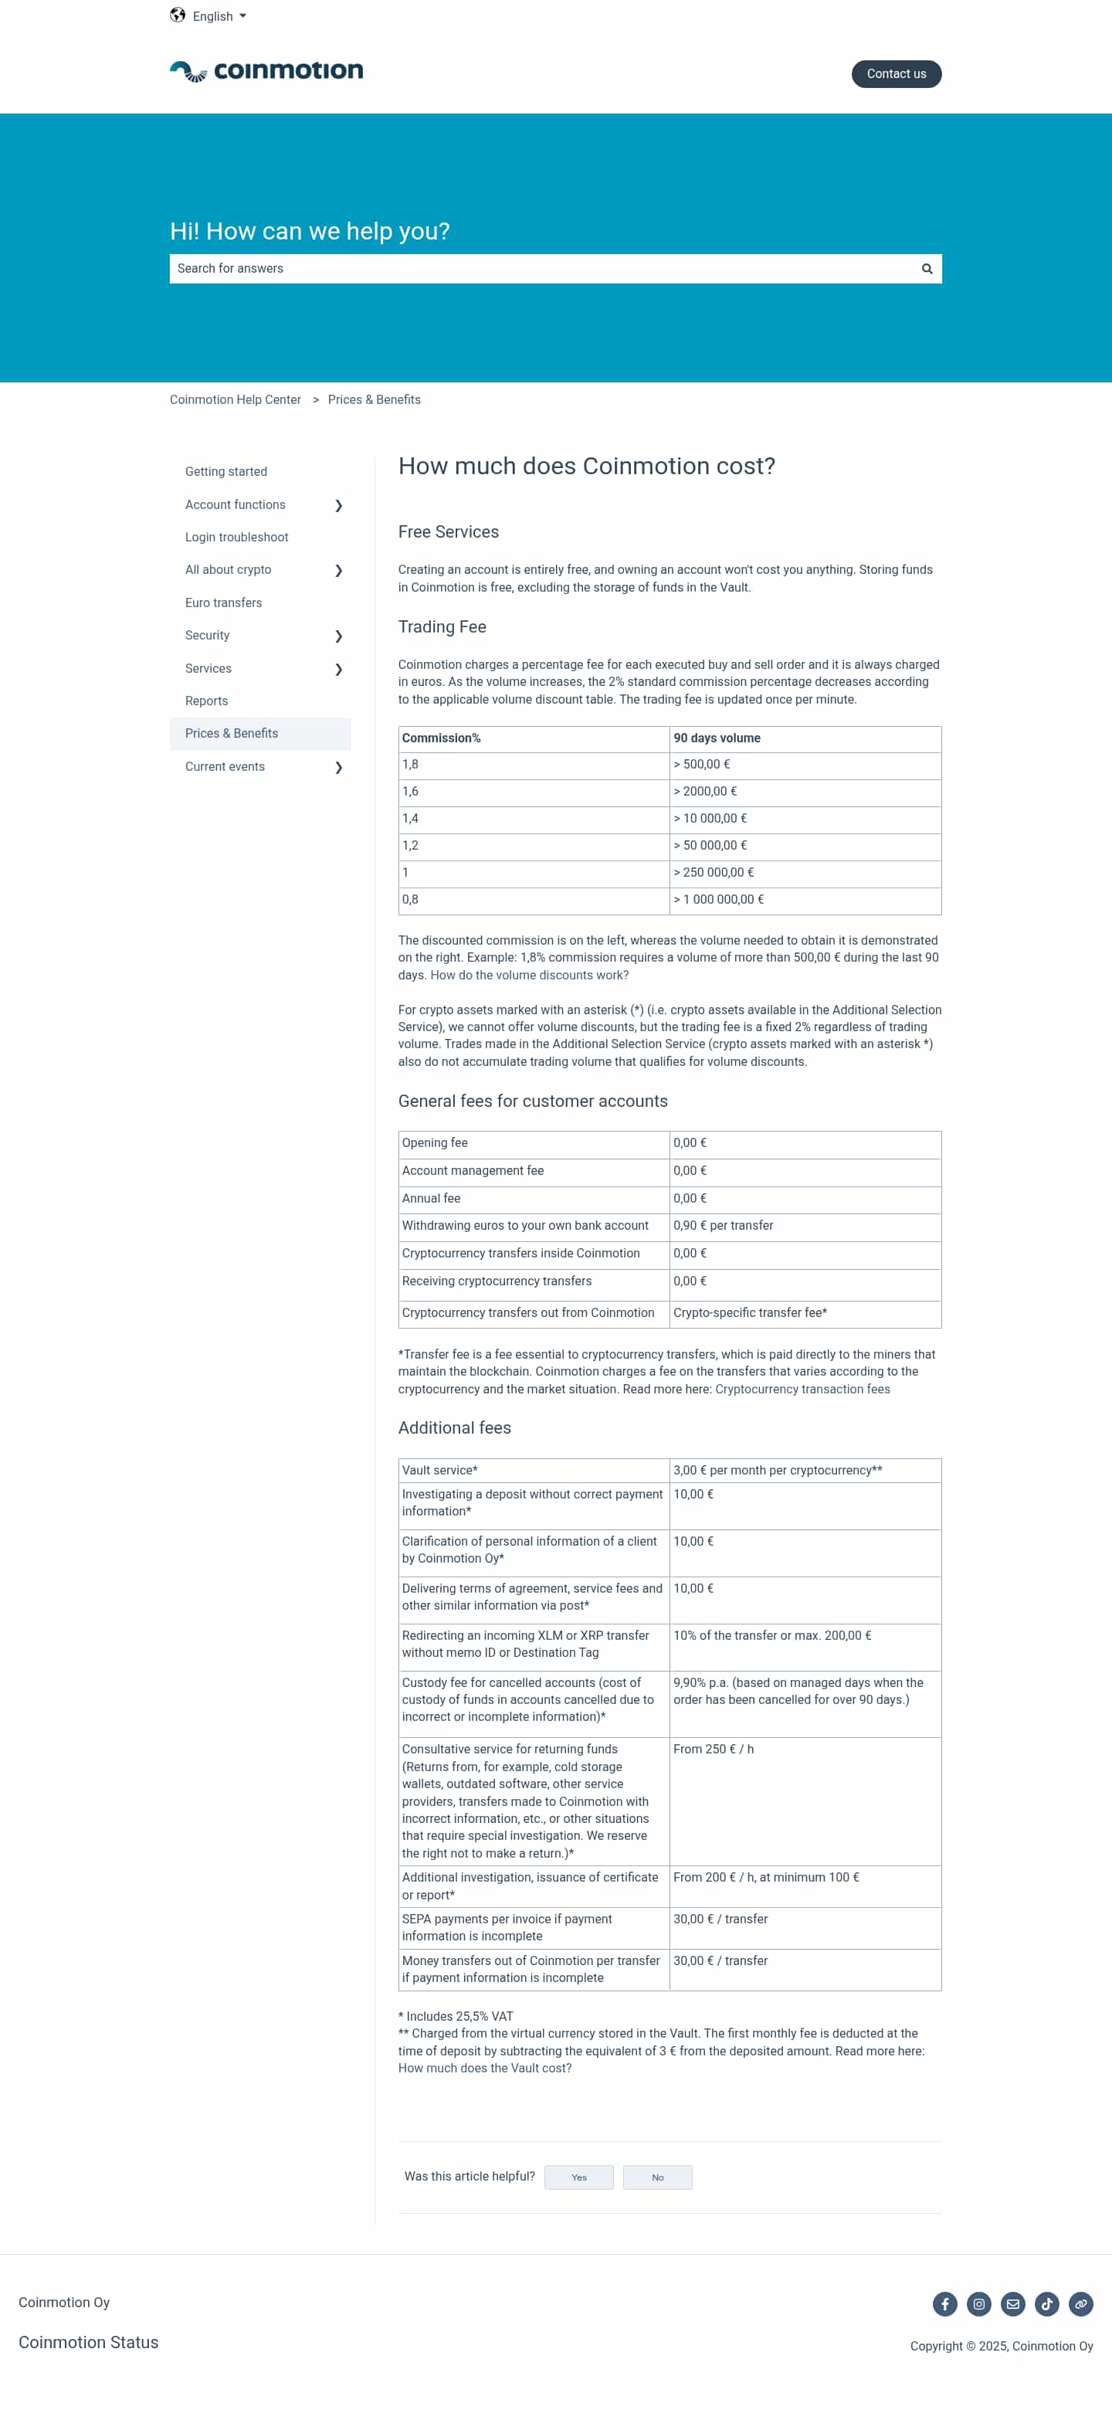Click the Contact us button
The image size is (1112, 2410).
click(x=895, y=74)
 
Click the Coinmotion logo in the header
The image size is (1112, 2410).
click(x=266, y=71)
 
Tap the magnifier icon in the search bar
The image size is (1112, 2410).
click(x=927, y=269)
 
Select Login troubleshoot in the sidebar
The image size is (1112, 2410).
click(x=236, y=537)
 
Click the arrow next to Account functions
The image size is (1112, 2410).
click(x=338, y=505)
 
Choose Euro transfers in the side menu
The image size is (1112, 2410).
click(x=223, y=602)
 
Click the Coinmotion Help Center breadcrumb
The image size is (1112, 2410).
click(x=236, y=399)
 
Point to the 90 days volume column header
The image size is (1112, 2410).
click(x=717, y=738)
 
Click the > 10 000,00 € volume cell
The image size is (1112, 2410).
click(x=710, y=819)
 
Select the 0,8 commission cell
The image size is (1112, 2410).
click(x=411, y=900)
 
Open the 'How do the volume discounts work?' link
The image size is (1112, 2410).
click(x=529, y=975)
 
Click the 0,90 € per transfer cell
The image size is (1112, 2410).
click(x=723, y=1226)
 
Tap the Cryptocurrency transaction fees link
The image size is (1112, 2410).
click(x=802, y=1390)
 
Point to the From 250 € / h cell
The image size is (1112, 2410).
click(x=714, y=1750)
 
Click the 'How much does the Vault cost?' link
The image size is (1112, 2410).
click(x=484, y=2068)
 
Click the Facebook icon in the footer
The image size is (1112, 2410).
click(x=944, y=2304)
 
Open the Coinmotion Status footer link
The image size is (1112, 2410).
click(x=89, y=2342)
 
